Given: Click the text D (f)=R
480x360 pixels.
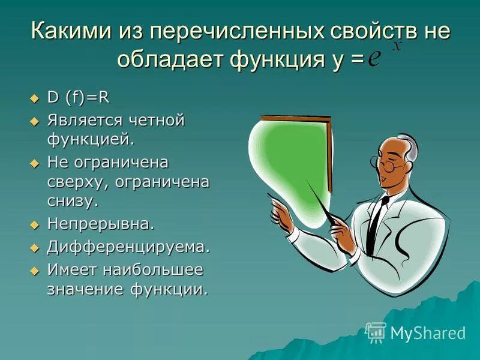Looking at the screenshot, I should [x=79, y=98].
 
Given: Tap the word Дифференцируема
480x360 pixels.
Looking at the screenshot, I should [x=129, y=246].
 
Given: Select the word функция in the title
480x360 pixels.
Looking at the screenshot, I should [x=262, y=59].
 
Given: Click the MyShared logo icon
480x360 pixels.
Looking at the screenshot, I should [x=376, y=332].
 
